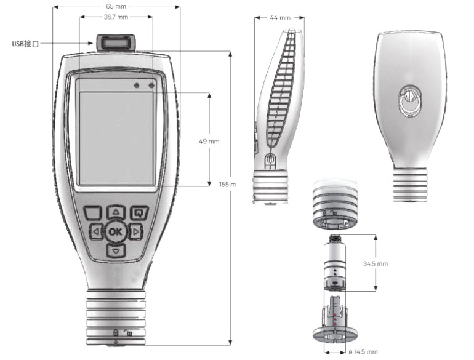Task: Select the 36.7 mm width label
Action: click(x=116, y=17)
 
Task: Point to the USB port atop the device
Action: click(x=115, y=43)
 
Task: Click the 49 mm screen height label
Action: click(x=209, y=141)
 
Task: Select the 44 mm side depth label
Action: click(x=279, y=18)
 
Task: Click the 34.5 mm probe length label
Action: click(x=375, y=263)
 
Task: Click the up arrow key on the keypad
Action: click(x=116, y=212)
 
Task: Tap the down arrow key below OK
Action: click(x=116, y=250)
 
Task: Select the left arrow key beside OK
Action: click(x=96, y=232)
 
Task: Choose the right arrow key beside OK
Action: click(x=135, y=232)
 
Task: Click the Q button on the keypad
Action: click(x=139, y=213)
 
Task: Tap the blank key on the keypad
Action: click(x=93, y=213)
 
